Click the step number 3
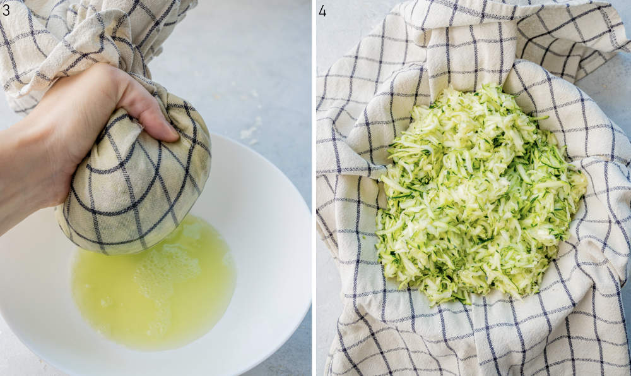click(6, 10)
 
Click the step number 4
click(322, 10)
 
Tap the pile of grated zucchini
click(480, 196)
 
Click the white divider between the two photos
click(314, 190)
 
